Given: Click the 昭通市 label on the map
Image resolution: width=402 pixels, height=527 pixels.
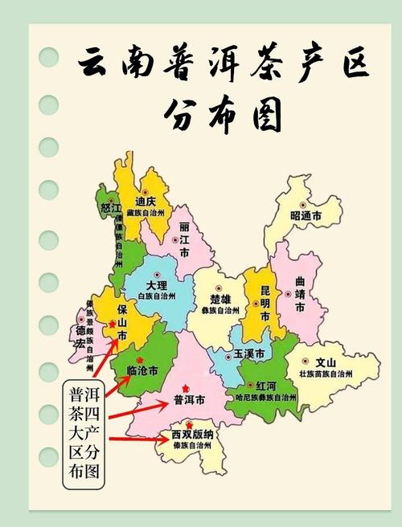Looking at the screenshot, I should click(x=306, y=216).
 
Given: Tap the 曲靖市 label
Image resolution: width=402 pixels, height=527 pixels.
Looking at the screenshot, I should click(x=300, y=295).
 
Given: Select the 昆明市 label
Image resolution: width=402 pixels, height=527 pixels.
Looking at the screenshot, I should click(x=266, y=296).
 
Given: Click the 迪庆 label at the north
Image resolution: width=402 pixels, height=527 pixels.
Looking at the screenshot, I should click(x=145, y=201).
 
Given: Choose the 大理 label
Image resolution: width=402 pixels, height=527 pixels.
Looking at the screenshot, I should click(x=157, y=286).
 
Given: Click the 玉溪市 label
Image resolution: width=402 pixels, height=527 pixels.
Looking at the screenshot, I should click(x=244, y=354).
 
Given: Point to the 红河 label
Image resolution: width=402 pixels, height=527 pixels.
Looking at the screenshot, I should click(x=266, y=386).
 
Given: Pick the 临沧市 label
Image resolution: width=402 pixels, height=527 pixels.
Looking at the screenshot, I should click(x=142, y=371).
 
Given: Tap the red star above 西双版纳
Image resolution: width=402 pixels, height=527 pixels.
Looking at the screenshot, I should click(x=189, y=424).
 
